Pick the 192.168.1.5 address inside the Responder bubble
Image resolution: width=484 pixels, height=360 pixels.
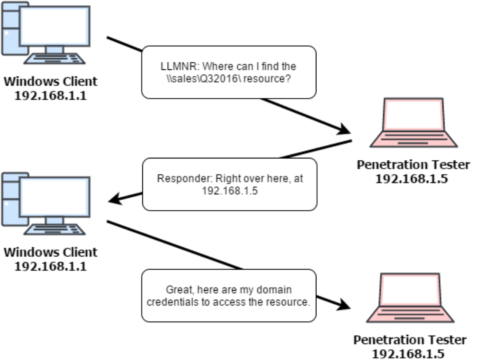[x=229, y=191]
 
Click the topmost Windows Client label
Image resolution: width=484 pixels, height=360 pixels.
[x=50, y=82]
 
